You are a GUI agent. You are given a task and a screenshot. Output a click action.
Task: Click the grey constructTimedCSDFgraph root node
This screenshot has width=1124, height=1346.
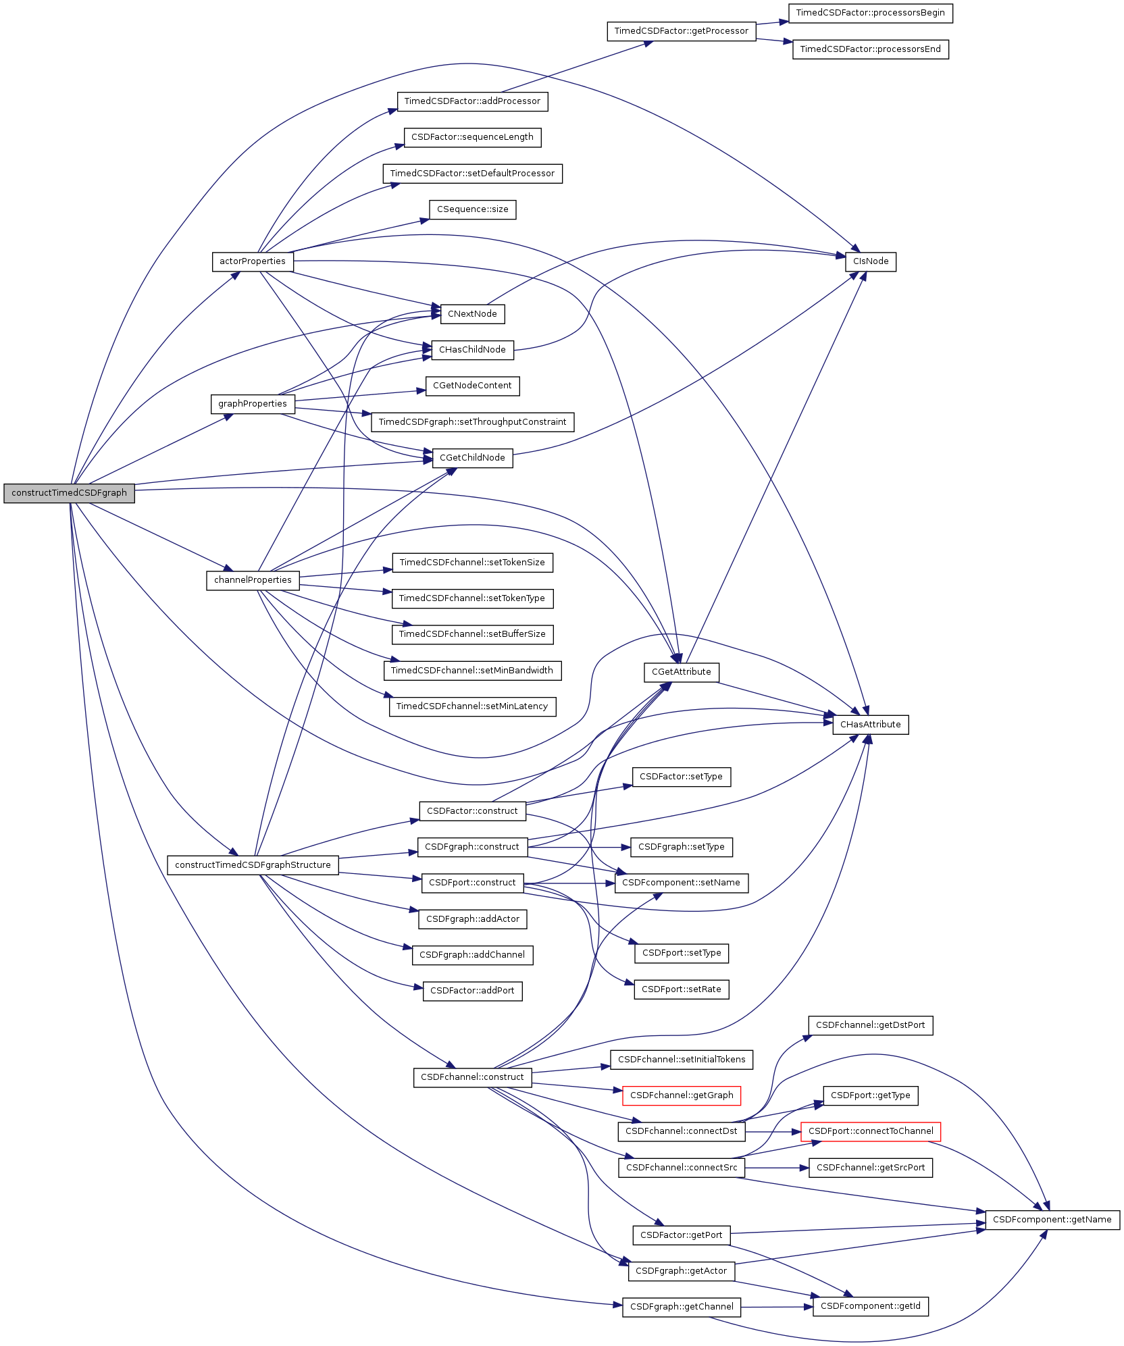click(x=69, y=493)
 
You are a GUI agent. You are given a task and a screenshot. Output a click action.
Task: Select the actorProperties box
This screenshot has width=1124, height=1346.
click(x=253, y=261)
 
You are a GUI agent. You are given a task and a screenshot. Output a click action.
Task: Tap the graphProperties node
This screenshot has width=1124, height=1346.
click(x=253, y=404)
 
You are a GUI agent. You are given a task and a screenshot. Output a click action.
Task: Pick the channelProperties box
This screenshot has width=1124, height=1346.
click(x=253, y=580)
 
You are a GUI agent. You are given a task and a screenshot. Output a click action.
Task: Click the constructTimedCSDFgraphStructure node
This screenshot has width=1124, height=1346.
click(x=253, y=865)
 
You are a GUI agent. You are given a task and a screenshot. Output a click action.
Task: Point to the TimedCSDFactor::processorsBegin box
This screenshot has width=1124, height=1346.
click(x=870, y=13)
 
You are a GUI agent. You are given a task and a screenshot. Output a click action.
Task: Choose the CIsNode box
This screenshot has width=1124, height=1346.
click(x=870, y=261)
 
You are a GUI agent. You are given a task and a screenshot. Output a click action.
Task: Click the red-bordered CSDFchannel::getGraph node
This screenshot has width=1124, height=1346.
click(x=681, y=1095)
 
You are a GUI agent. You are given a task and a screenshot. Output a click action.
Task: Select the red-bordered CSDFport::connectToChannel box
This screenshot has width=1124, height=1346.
click(x=870, y=1131)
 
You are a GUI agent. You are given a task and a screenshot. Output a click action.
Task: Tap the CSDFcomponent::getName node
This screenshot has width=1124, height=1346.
click(x=1052, y=1220)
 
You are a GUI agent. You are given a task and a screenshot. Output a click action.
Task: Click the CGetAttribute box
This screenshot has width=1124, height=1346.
click(x=681, y=672)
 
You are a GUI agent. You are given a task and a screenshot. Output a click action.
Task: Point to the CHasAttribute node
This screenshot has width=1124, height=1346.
click(x=870, y=725)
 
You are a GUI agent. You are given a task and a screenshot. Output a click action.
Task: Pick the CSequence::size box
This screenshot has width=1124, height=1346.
click(x=472, y=209)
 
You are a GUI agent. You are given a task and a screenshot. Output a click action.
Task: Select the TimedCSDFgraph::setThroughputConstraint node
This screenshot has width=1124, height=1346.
click(x=472, y=422)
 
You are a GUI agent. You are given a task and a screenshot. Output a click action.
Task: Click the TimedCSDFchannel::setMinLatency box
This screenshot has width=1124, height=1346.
click(x=472, y=706)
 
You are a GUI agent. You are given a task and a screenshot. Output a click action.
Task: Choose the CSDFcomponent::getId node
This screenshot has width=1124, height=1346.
click(x=870, y=1306)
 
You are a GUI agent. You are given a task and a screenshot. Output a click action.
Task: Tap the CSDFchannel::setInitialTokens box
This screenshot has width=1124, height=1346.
click(x=681, y=1060)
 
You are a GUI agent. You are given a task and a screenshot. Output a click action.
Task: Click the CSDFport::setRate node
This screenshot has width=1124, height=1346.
click(x=681, y=989)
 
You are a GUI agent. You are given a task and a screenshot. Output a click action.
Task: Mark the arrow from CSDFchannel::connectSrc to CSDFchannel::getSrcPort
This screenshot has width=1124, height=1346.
click(x=777, y=1168)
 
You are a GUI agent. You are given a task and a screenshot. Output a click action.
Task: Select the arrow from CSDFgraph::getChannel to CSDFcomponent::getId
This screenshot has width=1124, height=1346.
click(x=777, y=1307)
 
